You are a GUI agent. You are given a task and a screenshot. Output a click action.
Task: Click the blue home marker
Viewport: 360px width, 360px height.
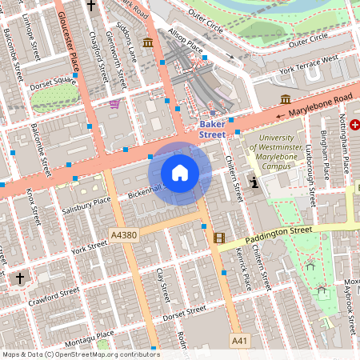coord(180,173)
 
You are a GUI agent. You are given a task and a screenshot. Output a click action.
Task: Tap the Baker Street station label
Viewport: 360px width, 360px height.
coord(212,130)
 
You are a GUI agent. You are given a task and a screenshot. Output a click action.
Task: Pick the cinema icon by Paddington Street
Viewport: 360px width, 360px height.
coord(219,237)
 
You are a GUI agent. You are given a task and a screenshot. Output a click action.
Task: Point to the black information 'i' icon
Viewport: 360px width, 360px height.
coord(255,182)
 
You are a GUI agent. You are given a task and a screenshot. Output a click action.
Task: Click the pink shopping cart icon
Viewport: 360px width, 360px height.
coord(115,103)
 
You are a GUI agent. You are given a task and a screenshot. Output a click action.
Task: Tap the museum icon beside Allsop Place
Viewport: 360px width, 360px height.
coord(147,42)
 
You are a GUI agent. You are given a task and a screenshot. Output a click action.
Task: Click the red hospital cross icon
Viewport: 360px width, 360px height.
coord(354,125)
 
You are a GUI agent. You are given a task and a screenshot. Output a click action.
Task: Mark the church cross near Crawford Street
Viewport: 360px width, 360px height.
coord(20,278)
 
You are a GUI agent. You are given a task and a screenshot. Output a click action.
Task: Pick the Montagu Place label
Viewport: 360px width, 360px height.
coord(94,335)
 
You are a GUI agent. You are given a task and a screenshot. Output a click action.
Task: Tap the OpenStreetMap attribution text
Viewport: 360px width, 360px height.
coord(80,354)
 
